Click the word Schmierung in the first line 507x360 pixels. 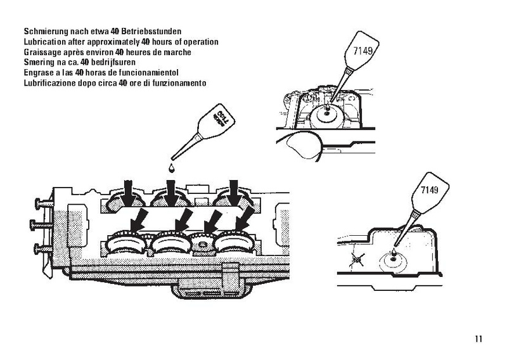coord(46,32)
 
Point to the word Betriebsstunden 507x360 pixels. coord(151,32)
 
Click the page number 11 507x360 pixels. coord(478,338)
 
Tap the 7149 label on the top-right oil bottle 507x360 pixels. coord(363,51)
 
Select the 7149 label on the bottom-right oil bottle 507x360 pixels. coord(430,190)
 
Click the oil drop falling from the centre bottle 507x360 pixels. coord(171,167)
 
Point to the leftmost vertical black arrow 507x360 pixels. coord(129,193)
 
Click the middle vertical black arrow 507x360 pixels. coord(171,193)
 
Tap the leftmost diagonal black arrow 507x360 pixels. coord(138,220)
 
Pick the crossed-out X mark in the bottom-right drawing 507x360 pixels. coord(357,259)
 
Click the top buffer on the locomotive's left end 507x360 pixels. coord(44,204)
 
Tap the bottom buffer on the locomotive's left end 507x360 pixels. coord(43,249)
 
